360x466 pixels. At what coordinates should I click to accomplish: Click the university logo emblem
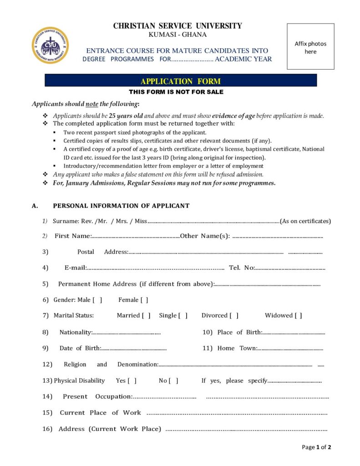[50, 45]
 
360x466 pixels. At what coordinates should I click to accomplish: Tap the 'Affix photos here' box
[310, 47]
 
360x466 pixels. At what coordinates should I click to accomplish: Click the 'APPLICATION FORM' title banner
[181, 81]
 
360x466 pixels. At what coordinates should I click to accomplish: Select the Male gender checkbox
[97, 300]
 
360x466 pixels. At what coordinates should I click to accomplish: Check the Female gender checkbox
[144, 300]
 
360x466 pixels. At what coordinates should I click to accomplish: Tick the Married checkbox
[146, 315]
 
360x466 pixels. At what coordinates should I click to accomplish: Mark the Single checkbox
[183, 315]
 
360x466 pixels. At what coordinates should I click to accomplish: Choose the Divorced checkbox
[234, 315]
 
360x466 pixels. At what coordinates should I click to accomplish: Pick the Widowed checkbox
[298, 315]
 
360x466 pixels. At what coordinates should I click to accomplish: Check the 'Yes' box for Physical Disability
[132, 381]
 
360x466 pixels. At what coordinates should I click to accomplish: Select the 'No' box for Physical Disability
[173, 381]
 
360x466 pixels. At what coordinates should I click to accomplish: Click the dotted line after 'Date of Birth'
[133, 349]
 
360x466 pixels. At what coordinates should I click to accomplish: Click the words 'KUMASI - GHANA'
[177, 35]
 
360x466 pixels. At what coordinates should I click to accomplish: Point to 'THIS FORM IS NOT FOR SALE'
[176, 92]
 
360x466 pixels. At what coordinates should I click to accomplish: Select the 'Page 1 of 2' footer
[316, 447]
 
